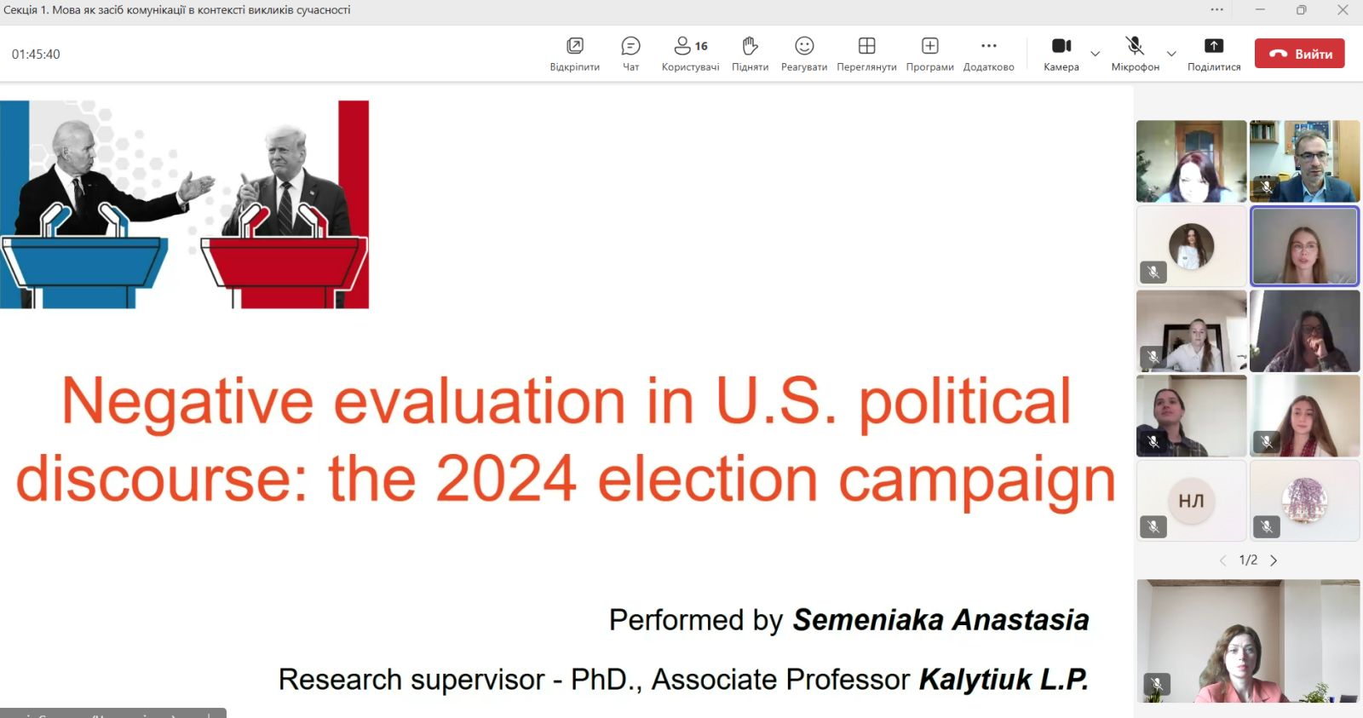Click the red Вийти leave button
[1299, 54]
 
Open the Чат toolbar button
[630, 46]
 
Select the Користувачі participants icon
[682, 46]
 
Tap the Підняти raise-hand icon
[750, 46]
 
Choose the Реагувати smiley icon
[804, 46]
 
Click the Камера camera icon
[1061, 46]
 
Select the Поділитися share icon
[1213, 46]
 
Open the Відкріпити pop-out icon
[574, 46]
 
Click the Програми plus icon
[929, 46]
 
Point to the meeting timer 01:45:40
[36, 55]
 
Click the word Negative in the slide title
[187, 402]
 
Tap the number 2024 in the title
[506, 480]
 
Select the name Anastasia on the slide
[1021, 620]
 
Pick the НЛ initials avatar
[1191, 501]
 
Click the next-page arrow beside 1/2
[1274, 560]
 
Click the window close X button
[1343, 9]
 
